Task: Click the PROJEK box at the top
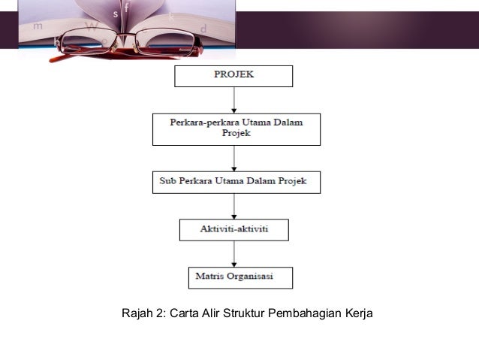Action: (x=233, y=76)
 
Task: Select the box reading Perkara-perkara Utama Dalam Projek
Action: (x=236, y=129)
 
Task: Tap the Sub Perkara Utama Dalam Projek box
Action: (x=236, y=182)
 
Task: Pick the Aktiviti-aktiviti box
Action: (x=233, y=229)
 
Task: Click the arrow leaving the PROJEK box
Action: (x=234, y=99)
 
